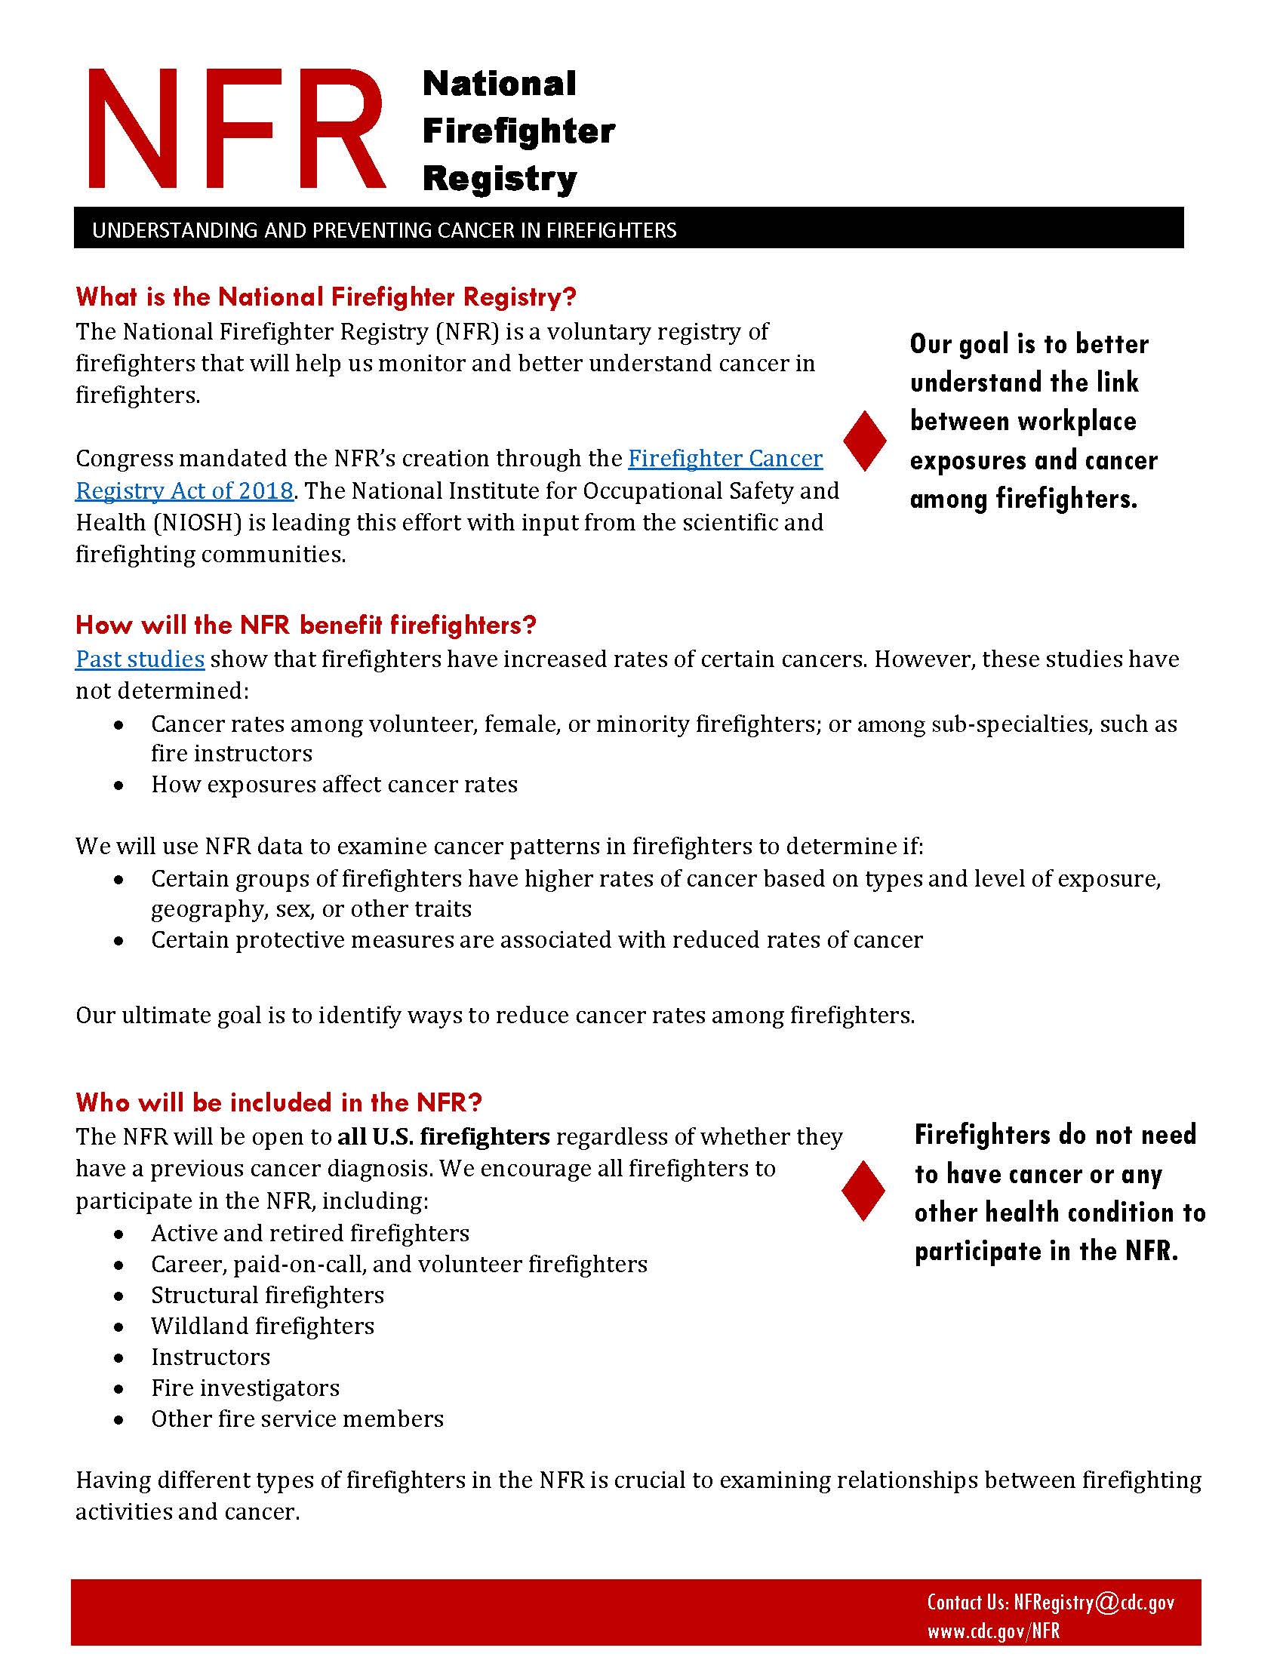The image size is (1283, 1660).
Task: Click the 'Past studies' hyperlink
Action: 140,658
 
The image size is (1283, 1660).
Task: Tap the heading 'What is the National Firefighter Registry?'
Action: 326,297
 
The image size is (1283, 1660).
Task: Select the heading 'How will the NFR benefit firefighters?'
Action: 306,625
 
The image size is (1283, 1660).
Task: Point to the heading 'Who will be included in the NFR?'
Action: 279,1102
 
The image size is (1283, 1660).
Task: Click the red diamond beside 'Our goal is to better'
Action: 865,441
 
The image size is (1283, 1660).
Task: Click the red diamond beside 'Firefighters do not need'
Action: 863,1191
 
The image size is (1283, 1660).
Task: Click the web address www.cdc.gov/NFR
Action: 992,1631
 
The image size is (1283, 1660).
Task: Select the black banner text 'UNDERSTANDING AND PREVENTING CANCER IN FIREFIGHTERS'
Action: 384,230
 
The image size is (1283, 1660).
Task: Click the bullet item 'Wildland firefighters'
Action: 262,1326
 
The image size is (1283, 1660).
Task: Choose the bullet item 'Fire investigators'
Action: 245,1388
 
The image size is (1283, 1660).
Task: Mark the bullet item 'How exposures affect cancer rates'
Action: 334,785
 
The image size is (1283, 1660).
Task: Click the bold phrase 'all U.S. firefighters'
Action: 444,1136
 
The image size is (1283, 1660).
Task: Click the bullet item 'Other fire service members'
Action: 297,1419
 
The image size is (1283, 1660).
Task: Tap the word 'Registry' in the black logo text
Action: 500,180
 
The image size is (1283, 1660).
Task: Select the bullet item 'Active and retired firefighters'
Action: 310,1233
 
